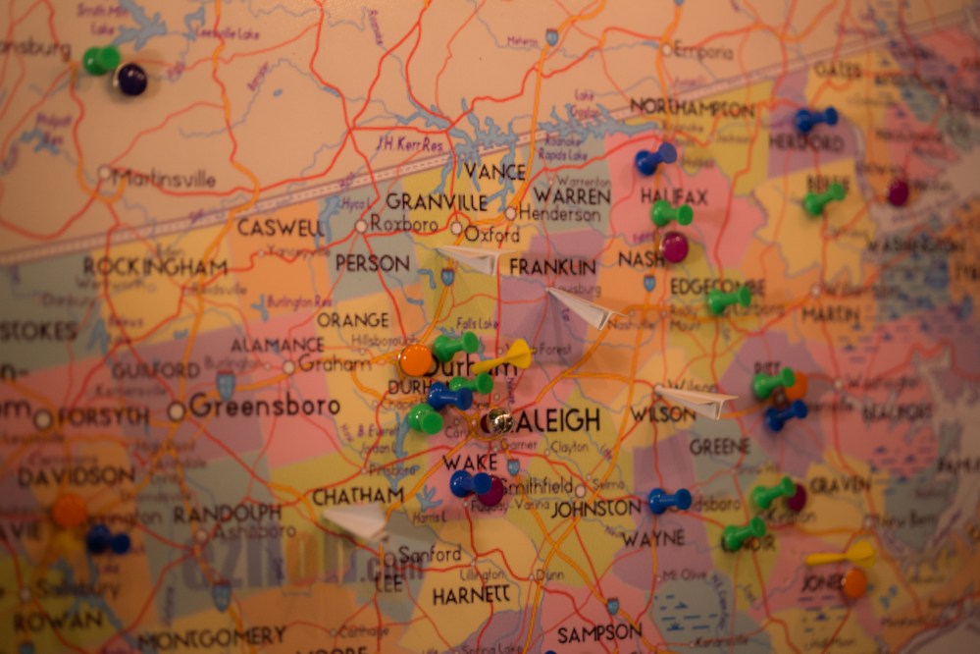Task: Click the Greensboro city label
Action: (264, 406)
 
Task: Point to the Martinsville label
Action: (164, 179)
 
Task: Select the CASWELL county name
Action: (281, 228)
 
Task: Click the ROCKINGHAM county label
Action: (155, 266)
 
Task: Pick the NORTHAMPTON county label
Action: (693, 108)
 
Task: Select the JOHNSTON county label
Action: (595, 509)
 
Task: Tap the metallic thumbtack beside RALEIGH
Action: (499, 422)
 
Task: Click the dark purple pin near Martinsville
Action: (130, 80)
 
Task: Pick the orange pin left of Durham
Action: (416, 359)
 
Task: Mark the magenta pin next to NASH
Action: (674, 246)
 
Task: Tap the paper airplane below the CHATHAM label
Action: (356, 521)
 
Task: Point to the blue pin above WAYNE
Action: (668, 501)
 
